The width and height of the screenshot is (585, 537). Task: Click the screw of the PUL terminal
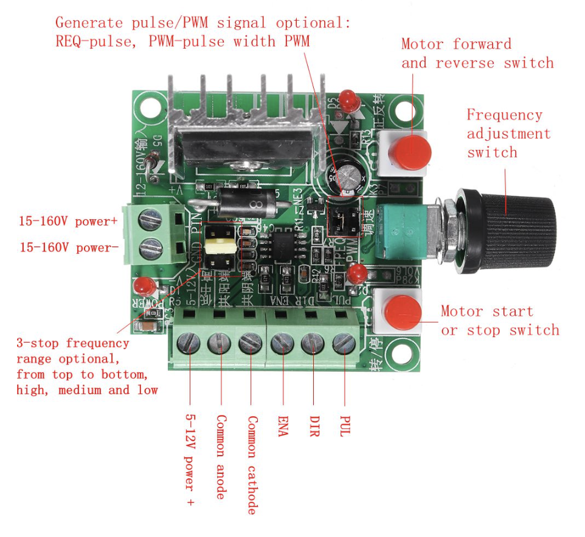pyautogui.click(x=344, y=345)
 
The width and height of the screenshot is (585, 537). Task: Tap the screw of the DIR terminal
pyautogui.click(x=313, y=345)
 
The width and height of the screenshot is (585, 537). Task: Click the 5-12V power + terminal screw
pyautogui.click(x=189, y=345)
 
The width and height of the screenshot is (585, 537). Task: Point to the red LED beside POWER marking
pyautogui.click(x=144, y=285)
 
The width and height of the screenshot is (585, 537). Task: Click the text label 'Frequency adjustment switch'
pyautogui.click(x=508, y=133)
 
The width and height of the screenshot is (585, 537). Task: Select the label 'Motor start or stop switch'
pyautogui.click(x=499, y=321)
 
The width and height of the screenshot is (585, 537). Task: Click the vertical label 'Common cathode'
pyautogui.click(x=251, y=465)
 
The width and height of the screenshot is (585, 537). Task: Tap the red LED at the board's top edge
pyautogui.click(x=348, y=99)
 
